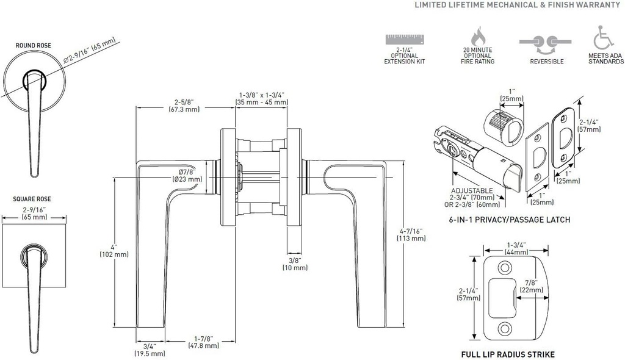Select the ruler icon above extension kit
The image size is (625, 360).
tap(403, 40)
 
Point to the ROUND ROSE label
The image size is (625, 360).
tap(34, 45)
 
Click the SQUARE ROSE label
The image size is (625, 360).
tap(34, 199)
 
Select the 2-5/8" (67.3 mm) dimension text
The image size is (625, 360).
tap(184, 106)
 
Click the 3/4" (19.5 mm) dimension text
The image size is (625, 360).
tap(150, 350)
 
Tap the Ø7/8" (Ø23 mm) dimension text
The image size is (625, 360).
tap(186, 176)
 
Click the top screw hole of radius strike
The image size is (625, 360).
tap(505, 268)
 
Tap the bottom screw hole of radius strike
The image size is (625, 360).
tap(505, 328)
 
